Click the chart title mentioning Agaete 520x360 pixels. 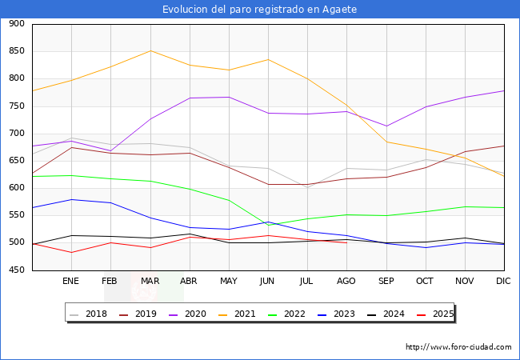[259, 10]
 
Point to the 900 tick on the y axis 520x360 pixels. [16, 24]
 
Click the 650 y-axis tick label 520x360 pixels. [16, 161]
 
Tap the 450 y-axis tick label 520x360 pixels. [16, 270]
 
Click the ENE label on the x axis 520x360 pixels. [71, 281]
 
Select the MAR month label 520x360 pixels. [150, 281]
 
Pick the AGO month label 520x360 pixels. [346, 281]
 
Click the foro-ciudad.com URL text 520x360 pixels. [458, 347]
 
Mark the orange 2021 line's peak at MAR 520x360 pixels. [150, 50]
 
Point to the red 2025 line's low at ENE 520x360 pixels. [71, 252]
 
